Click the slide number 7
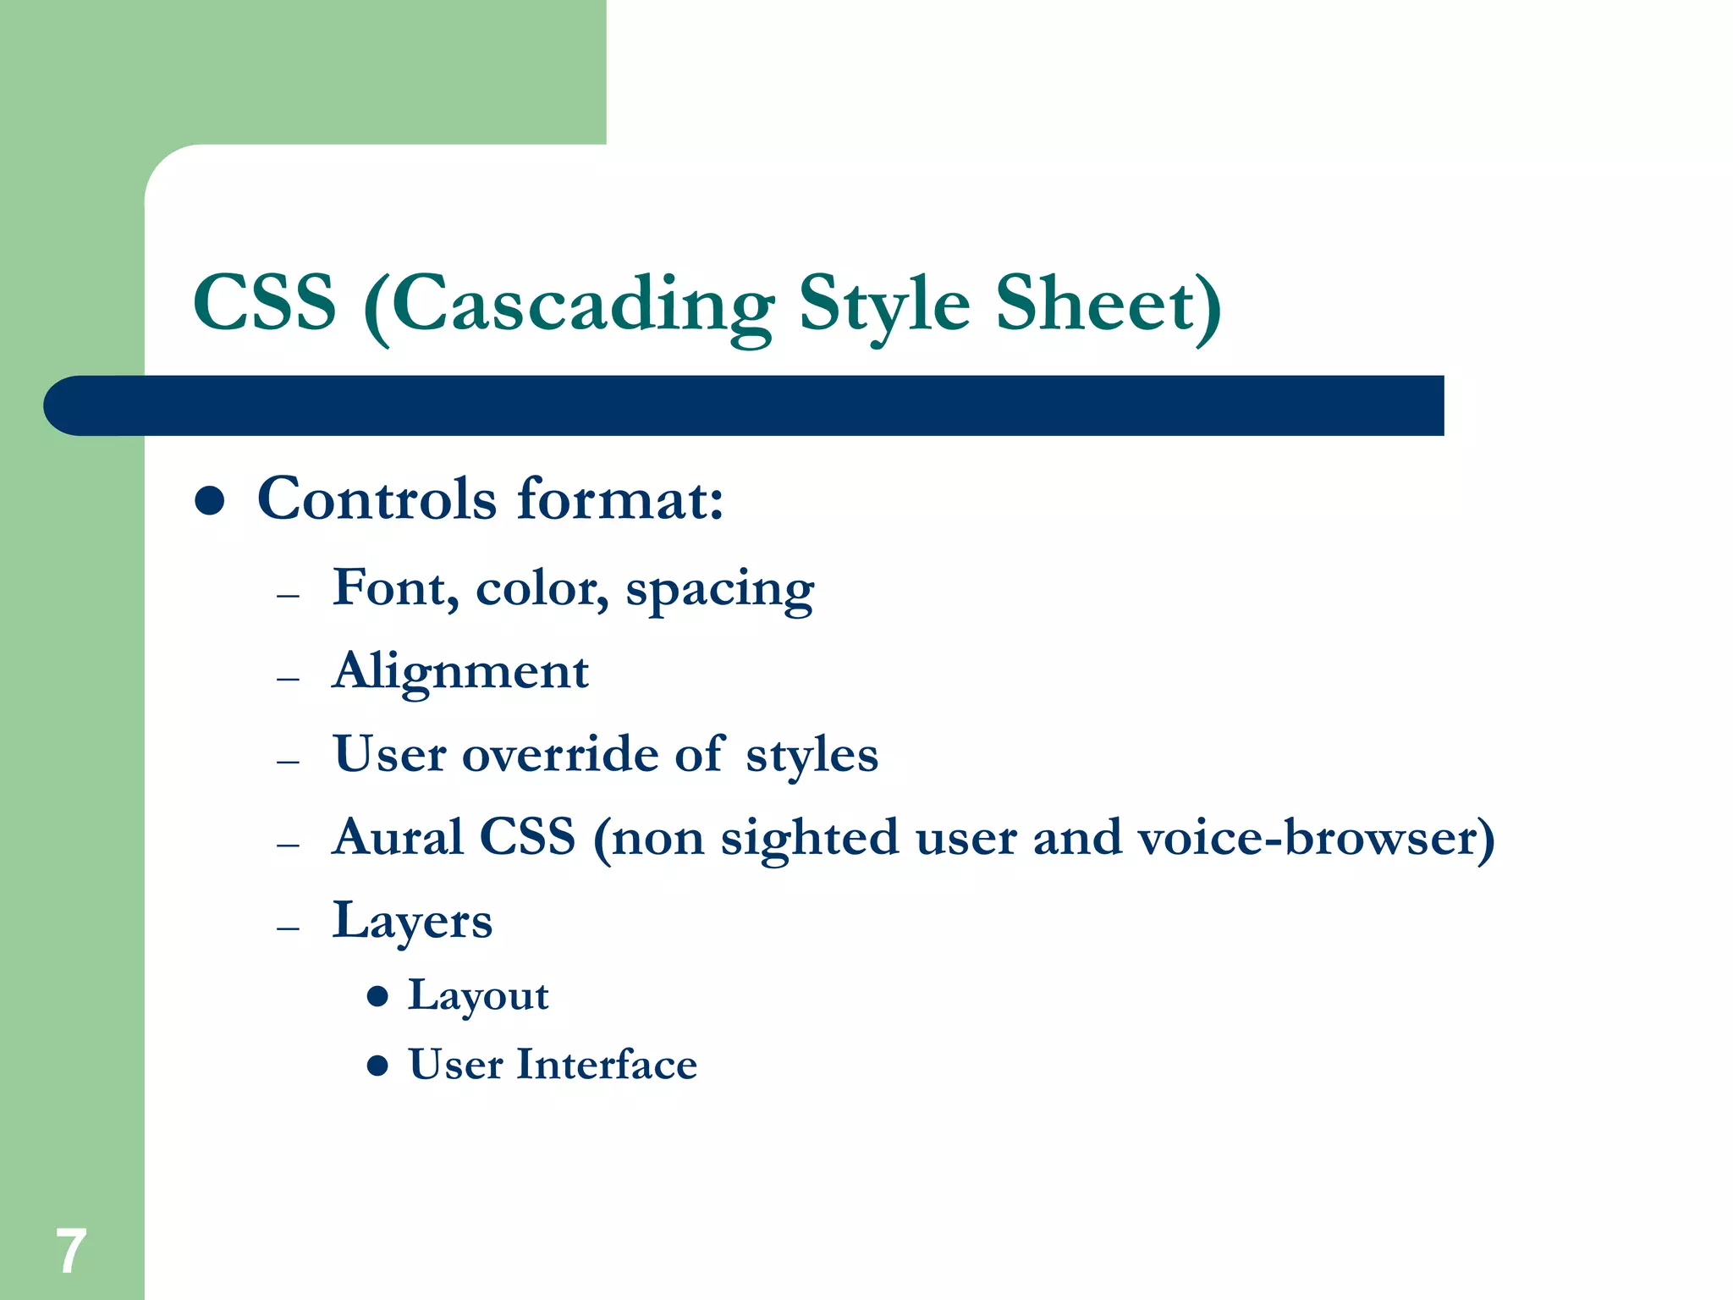tap(71, 1251)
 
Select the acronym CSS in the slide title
tap(265, 303)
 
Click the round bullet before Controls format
tap(209, 500)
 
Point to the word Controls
tap(377, 499)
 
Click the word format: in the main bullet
tap(620, 499)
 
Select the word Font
tap(395, 587)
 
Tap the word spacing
tap(719, 590)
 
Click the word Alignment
tap(460, 672)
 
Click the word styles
tap(811, 756)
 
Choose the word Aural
tap(398, 837)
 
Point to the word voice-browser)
tap(1316, 839)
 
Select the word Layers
tap(412, 921)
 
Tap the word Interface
tap(607, 1065)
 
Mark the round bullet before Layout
tap(377, 996)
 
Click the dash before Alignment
tap(288, 679)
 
